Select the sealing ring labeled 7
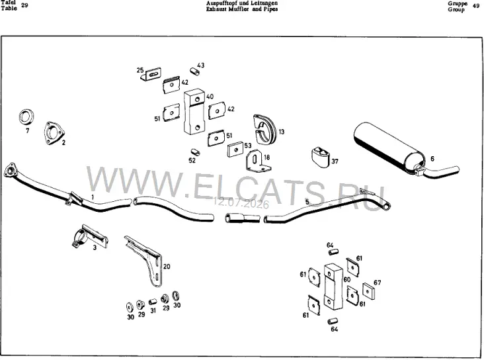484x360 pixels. tap(26, 117)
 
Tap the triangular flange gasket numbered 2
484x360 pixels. tap(54, 133)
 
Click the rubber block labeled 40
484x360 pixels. tap(194, 112)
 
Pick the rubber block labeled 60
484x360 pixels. tap(333, 287)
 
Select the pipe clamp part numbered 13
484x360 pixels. tap(265, 129)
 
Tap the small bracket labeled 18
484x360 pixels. tap(257, 161)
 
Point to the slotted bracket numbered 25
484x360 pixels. tap(151, 75)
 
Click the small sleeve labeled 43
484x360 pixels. tap(194, 71)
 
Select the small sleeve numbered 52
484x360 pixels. tap(195, 152)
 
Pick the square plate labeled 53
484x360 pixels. tap(235, 150)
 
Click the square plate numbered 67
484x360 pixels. tap(368, 291)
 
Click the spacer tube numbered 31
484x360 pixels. tap(153, 302)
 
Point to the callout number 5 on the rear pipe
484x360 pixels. tap(307, 202)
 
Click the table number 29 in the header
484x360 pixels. tap(24, 5)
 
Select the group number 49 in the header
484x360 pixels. tap(475, 6)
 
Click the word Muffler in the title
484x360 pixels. tap(237, 9)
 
